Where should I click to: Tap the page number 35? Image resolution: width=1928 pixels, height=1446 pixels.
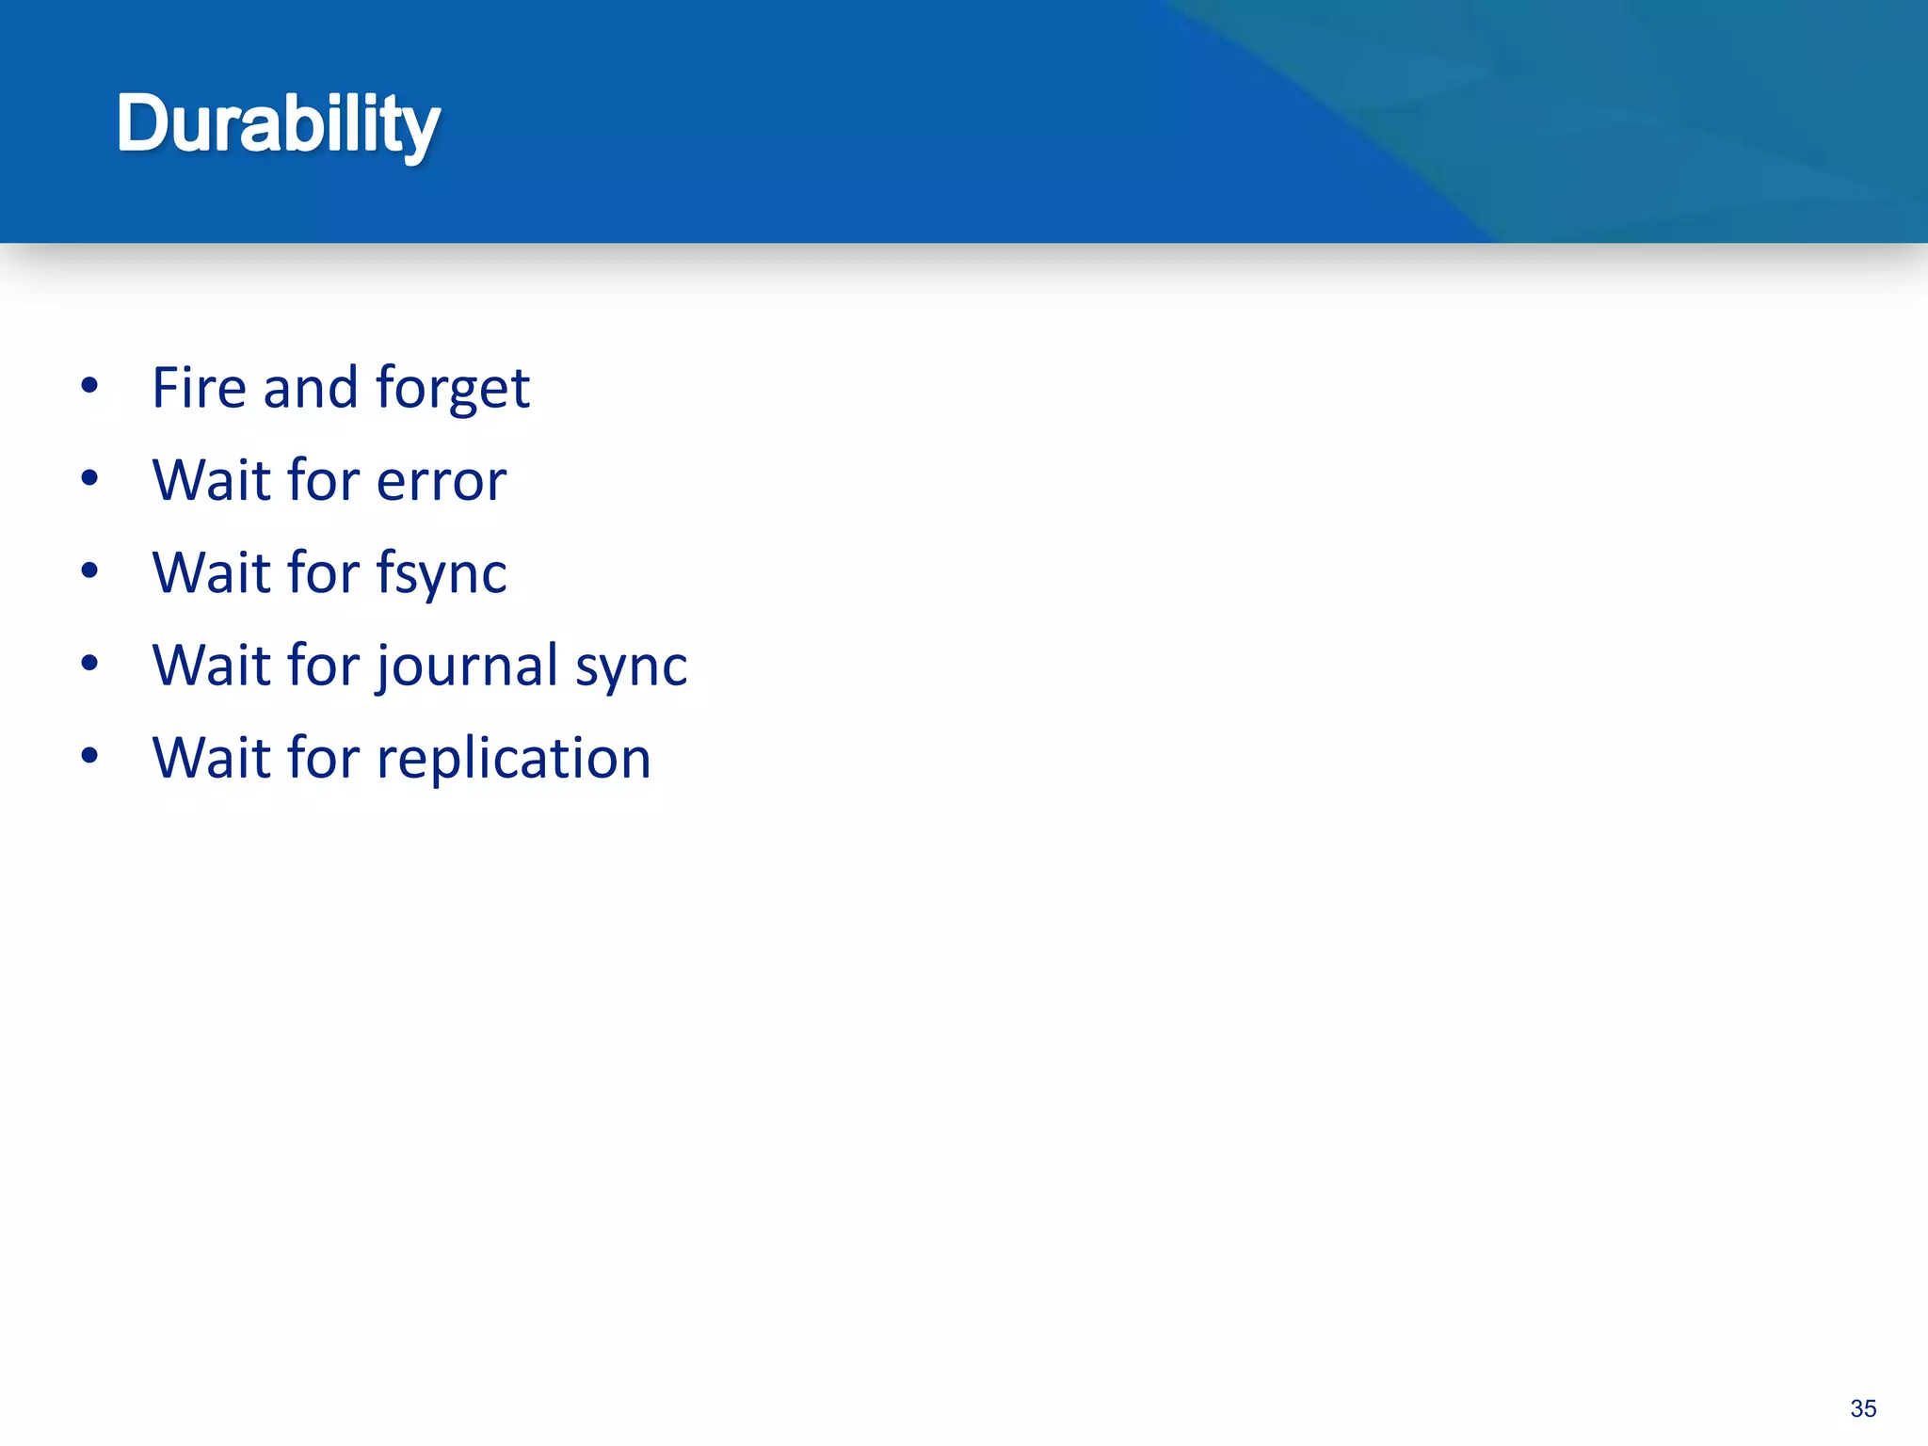[x=1863, y=1408]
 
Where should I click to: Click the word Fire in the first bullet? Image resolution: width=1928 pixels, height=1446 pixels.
[x=199, y=388]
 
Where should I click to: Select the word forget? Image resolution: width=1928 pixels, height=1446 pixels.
[x=453, y=388]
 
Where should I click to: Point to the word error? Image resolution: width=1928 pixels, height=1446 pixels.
[x=442, y=481]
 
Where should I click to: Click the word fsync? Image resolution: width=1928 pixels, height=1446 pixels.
[x=442, y=573]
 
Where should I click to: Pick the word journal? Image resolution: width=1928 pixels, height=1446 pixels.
[x=468, y=666]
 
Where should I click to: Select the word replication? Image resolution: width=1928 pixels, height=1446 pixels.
[x=514, y=758]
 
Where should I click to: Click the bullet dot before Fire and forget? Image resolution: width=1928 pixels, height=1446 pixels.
[x=89, y=385]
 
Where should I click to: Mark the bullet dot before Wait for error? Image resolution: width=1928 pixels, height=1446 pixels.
[x=89, y=478]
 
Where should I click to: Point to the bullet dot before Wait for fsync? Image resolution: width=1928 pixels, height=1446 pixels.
[x=89, y=570]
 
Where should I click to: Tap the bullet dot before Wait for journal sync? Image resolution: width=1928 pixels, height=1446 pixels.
[x=89, y=663]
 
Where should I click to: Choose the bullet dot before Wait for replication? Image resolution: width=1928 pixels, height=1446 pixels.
[x=89, y=755]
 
